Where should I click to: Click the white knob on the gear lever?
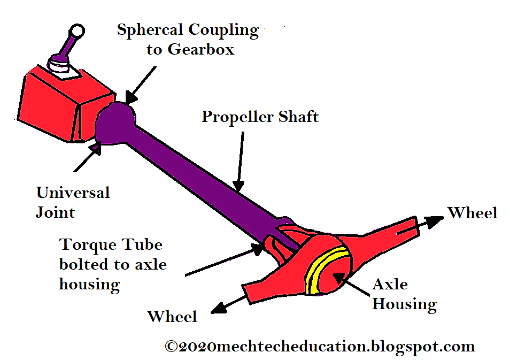coord(77,31)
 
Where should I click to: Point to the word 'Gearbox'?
coord(201,50)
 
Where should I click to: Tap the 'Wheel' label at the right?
coord(473,213)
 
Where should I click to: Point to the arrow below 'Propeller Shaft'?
coord(239,160)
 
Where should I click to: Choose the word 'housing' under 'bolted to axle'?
coord(89,284)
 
